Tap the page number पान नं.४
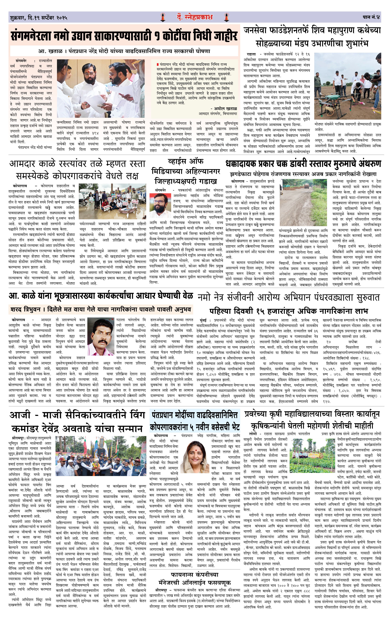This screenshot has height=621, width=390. pos(371,17)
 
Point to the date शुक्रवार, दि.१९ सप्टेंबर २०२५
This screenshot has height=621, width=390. pos(39,18)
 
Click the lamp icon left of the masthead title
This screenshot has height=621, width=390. pos(163,17)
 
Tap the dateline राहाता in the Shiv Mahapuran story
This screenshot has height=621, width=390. pos(251,54)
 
